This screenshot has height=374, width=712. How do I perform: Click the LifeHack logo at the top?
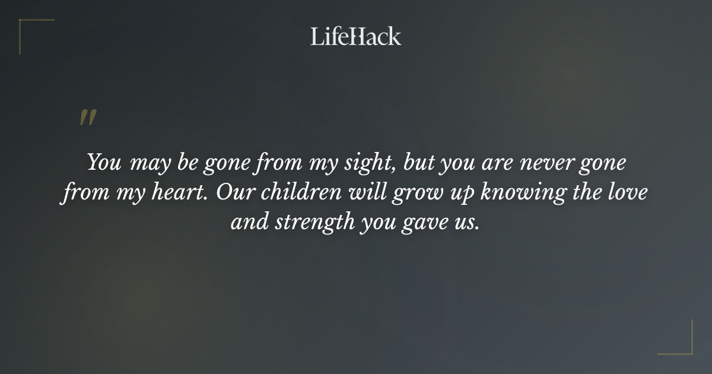click(355, 36)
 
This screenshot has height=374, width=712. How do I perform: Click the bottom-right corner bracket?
click(683, 346)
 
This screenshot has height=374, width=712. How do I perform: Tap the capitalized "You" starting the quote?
click(104, 163)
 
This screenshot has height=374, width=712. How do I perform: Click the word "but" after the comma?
click(419, 163)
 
